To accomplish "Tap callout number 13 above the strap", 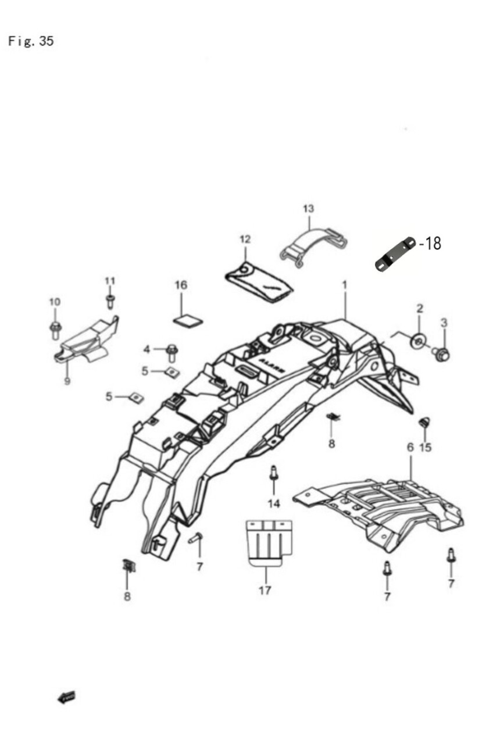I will [x=308, y=208].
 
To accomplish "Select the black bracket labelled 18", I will [x=395, y=253].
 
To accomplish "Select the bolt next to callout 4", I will [x=172, y=351].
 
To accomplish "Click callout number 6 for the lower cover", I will [x=410, y=447].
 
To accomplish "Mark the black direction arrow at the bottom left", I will [x=67, y=696].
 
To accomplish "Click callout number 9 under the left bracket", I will [x=67, y=381].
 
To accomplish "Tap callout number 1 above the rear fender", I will [x=344, y=285].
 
